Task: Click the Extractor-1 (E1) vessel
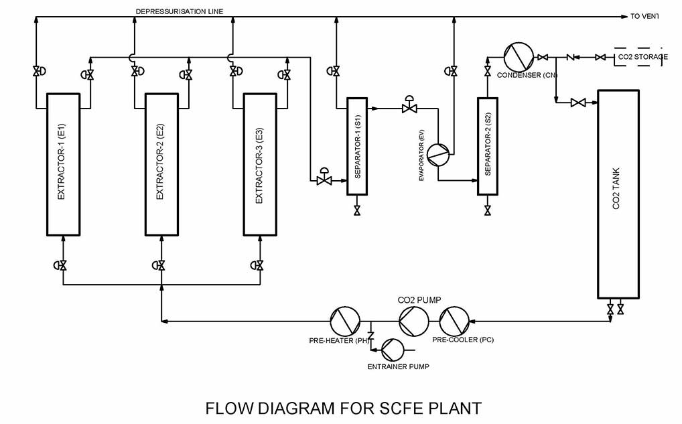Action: [x=63, y=164]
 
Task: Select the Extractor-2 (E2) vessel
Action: [x=161, y=164]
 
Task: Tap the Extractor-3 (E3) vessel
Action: [x=260, y=164]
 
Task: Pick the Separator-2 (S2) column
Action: [x=488, y=146]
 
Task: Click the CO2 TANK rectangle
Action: [x=616, y=194]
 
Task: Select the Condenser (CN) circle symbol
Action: [x=518, y=57]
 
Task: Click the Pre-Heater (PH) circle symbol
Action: [x=346, y=321]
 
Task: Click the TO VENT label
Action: [x=644, y=16]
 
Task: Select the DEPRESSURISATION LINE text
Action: [x=180, y=11]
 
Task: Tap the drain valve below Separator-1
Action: [x=357, y=211]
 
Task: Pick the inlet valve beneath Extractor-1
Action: [x=63, y=265]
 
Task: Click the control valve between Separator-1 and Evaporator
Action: [x=407, y=107]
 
